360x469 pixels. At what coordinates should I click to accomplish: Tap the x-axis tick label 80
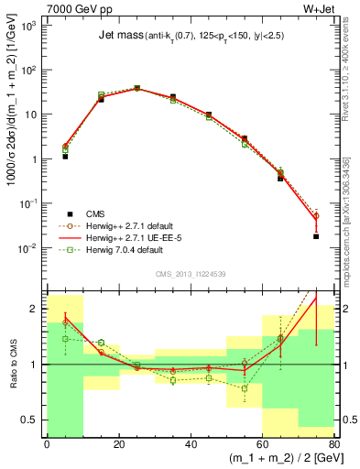click(333, 444)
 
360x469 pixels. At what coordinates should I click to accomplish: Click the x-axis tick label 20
click(118, 444)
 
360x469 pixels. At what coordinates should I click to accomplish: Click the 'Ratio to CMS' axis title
click(12, 364)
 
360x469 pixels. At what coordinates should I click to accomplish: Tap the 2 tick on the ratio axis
click(37, 309)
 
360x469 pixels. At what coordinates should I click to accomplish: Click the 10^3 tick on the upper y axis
click(32, 26)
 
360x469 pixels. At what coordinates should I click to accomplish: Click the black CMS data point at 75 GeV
click(316, 236)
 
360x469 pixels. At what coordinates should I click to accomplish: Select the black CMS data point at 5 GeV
click(65, 157)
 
